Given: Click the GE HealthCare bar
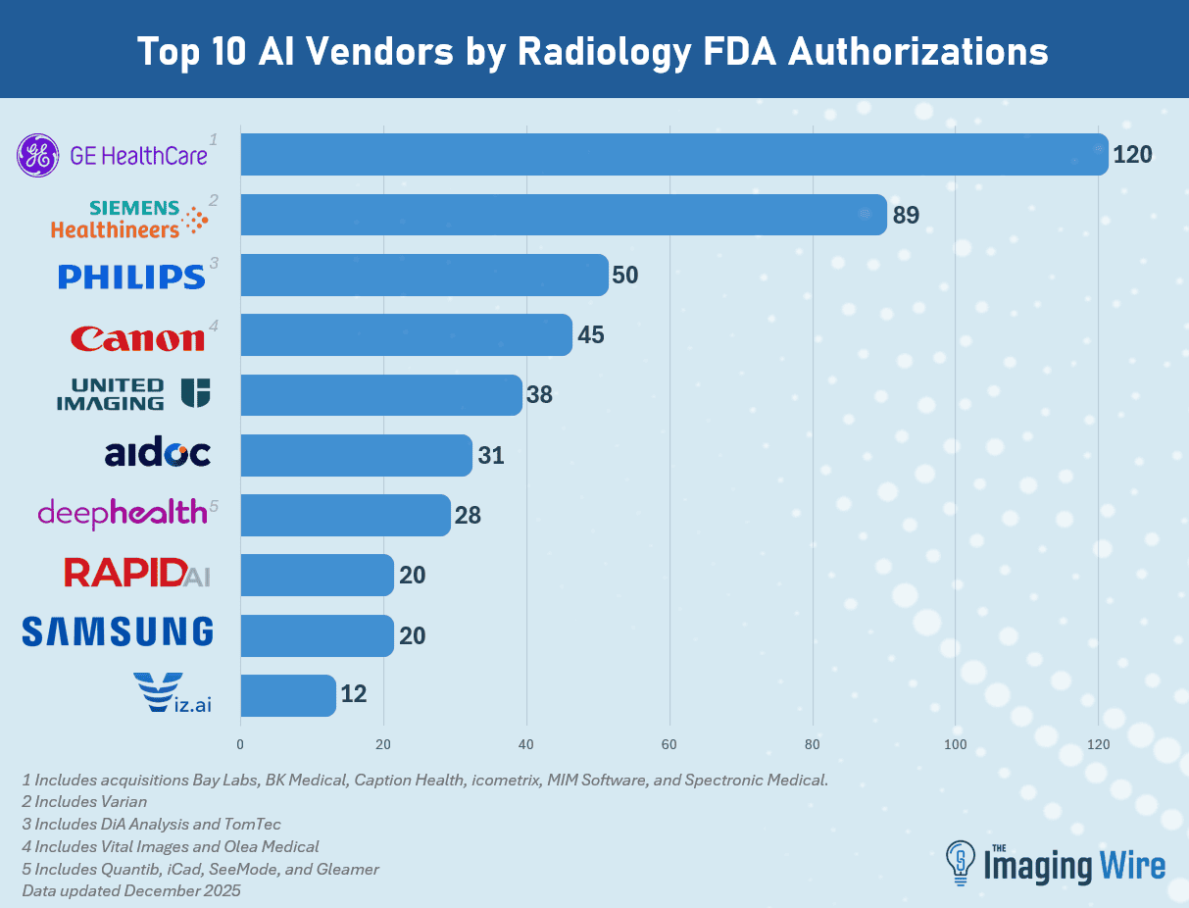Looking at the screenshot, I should [673, 154].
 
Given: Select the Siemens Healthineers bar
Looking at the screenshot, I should [563, 215].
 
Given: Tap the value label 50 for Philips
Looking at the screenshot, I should [624, 276].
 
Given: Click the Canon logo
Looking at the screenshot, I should [137, 338].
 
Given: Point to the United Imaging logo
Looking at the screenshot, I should [133, 393].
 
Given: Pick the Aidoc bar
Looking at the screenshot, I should [356, 455].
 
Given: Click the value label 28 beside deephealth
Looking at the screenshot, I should [468, 515].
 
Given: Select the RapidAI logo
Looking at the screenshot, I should [136, 573].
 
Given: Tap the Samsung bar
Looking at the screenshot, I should [317, 635].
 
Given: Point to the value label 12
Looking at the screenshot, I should [353, 695].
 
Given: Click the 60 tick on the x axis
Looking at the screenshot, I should [669, 744].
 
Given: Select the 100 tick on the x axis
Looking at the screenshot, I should [955, 744].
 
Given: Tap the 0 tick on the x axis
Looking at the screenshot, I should [240, 744].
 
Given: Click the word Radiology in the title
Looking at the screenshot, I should [590, 51].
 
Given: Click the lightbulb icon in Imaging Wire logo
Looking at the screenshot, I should [961, 860].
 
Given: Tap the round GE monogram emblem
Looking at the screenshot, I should [39, 155].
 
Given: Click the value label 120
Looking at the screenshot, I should [1133, 154].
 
